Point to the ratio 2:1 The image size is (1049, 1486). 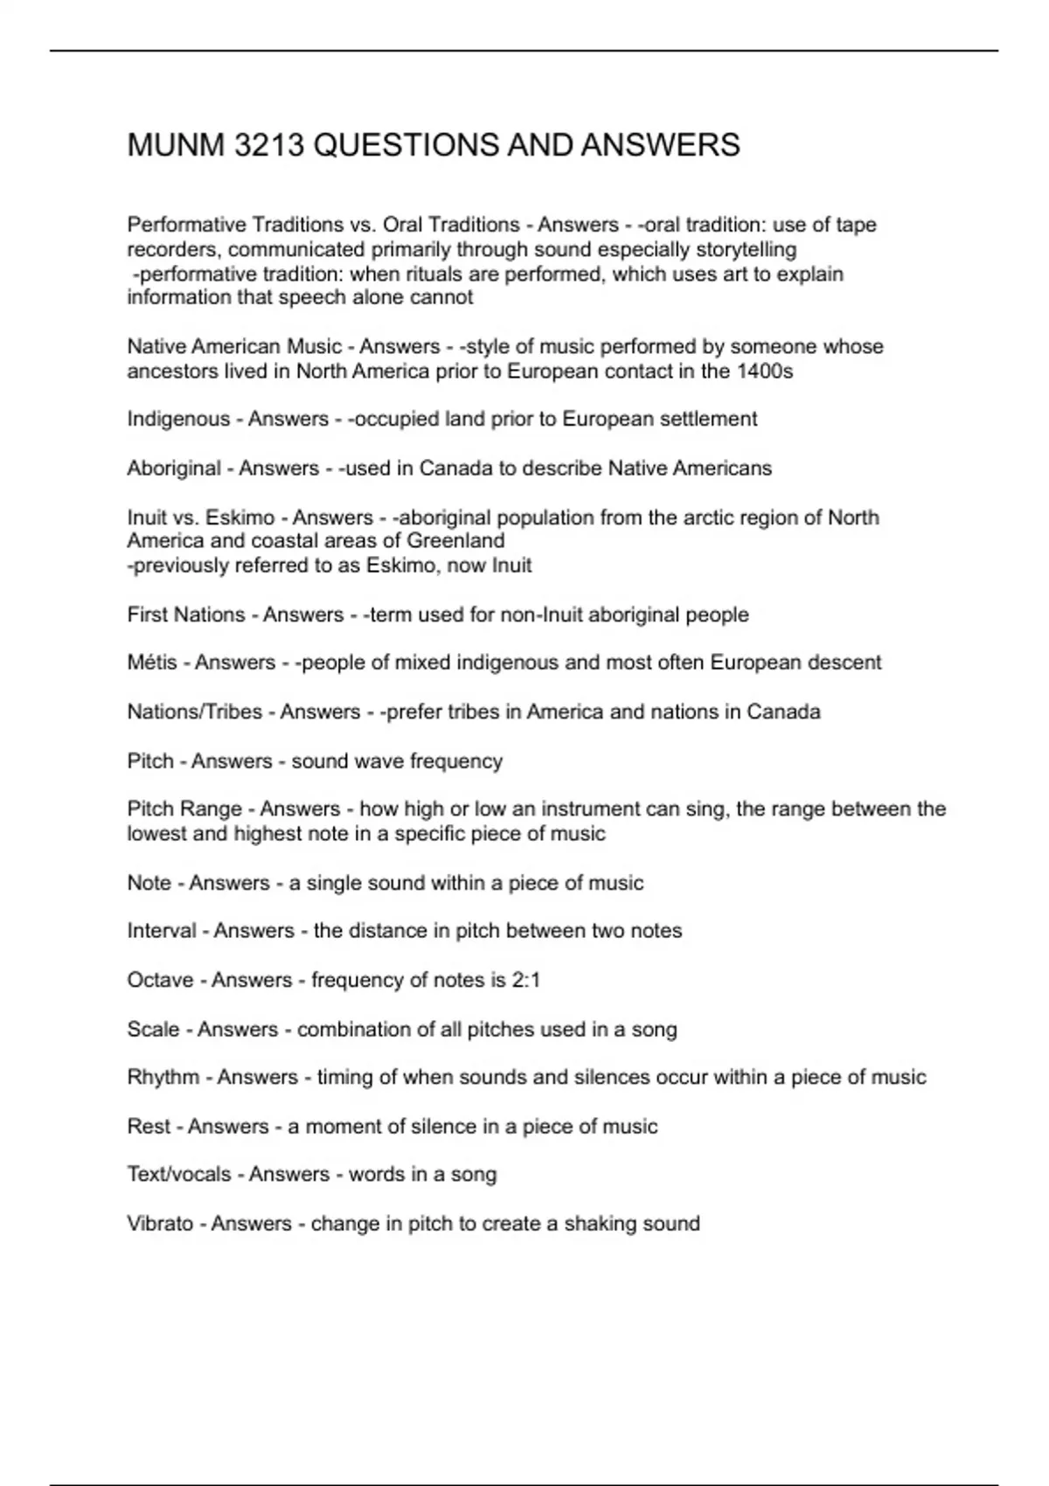point(525,980)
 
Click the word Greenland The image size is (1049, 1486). point(456,541)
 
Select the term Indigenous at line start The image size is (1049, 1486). point(178,420)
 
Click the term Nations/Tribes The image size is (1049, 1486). point(194,712)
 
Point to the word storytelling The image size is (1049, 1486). point(746,249)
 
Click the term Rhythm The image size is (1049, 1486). point(163,1077)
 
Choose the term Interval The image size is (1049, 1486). point(162,931)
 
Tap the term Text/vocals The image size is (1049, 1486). point(178,1174)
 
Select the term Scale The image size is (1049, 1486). point(153,1029)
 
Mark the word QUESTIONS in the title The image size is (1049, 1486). point(406,145)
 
